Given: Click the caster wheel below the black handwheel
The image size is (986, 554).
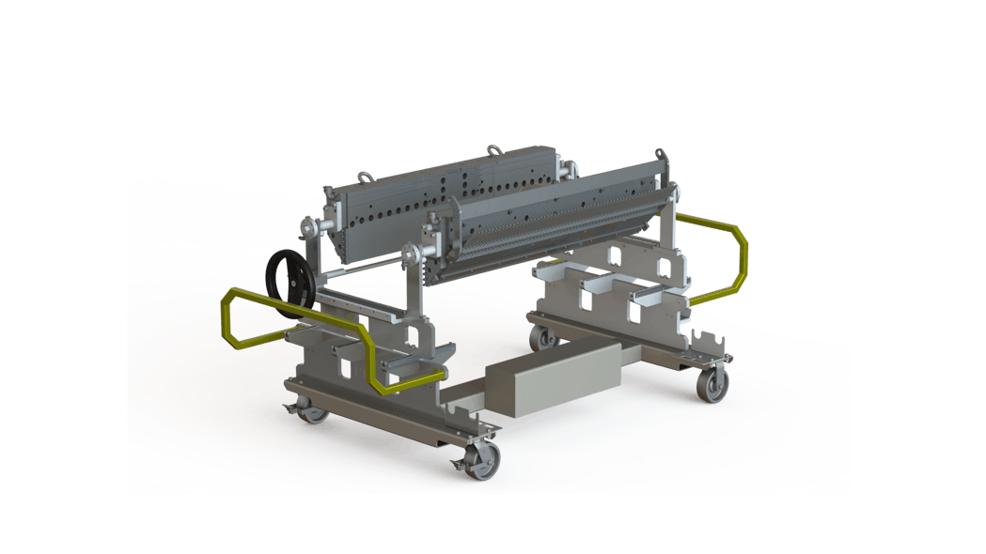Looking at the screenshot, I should click(x=311, y=409).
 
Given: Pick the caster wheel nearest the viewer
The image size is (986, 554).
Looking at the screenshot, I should click(x=483, y=460).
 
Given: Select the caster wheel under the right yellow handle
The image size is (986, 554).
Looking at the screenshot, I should click(x=712, y=383).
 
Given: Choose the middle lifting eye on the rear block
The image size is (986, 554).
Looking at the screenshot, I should click(x=492, y=148).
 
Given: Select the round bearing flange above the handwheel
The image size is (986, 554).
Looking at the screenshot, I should click(x=309, y=228).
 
